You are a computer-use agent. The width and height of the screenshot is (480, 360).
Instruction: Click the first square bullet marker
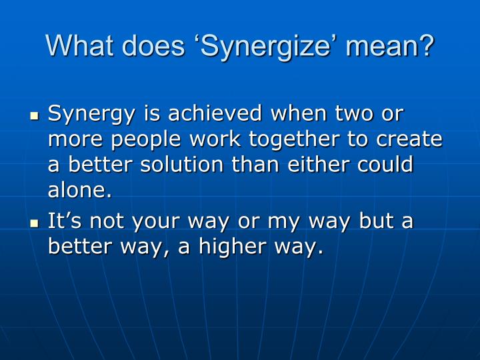pyautogui.click(x=35, y=116)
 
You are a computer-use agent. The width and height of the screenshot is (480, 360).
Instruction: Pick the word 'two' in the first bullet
pyautogui.click(x=350, y=113)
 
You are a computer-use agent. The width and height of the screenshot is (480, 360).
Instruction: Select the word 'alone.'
pyautogui.click(x=79, y=190)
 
